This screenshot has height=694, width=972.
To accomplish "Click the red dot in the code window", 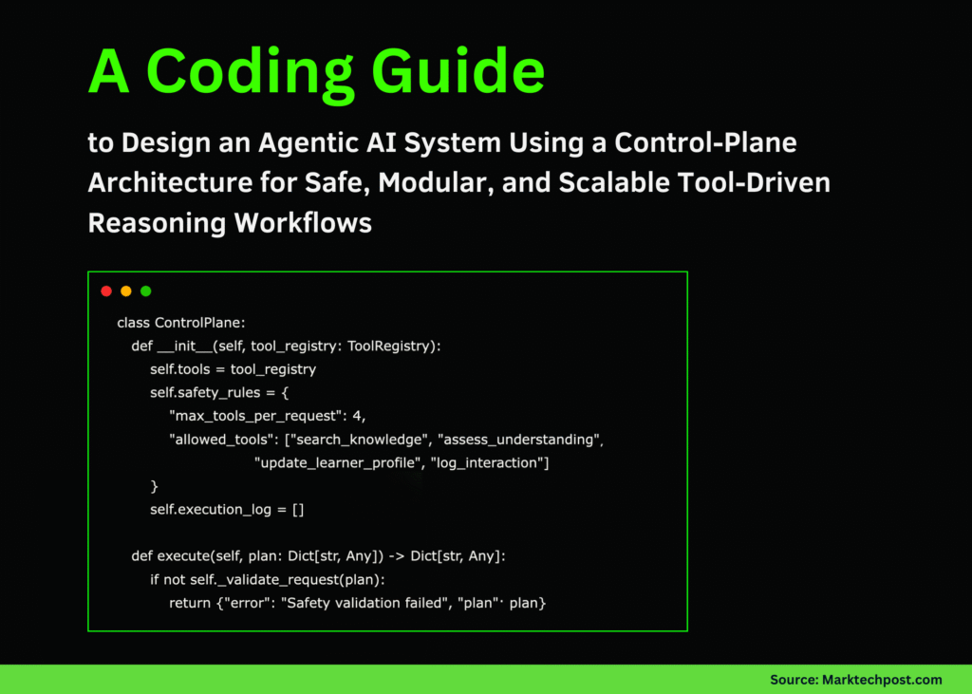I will point(106,291).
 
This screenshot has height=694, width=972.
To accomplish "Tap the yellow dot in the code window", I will point(126,291).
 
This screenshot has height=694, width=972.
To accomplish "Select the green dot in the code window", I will point(146,291).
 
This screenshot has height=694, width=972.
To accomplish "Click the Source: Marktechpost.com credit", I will point(855,679).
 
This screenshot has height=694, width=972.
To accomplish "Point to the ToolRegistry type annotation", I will point(390,346).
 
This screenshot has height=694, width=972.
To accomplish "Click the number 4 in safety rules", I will point(358,416).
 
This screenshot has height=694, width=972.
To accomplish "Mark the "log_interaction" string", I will point(490,462).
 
